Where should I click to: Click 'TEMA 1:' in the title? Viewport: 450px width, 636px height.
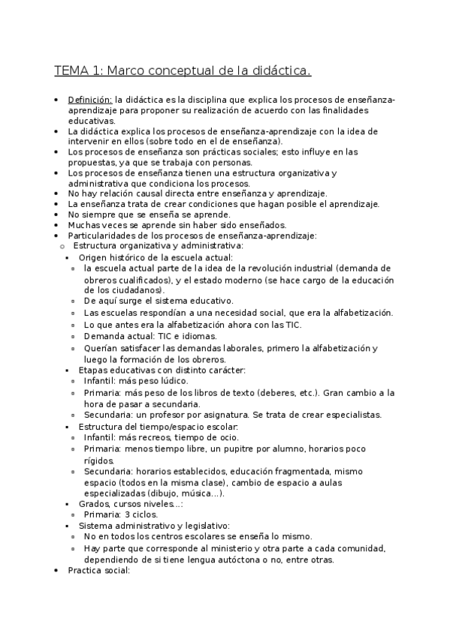click(80, 71)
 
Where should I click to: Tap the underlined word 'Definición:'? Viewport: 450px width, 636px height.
click(90, 100)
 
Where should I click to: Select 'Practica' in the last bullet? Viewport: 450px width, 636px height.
click(85, 571)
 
